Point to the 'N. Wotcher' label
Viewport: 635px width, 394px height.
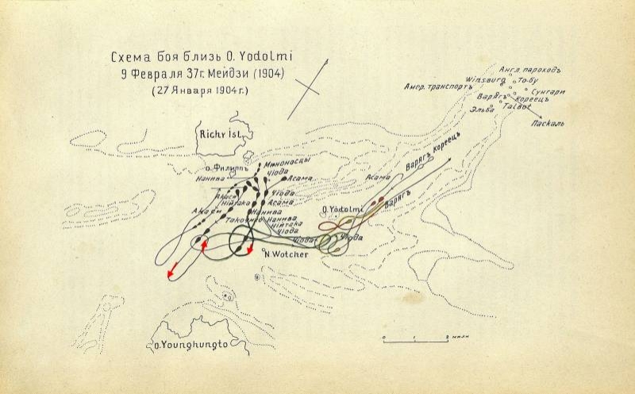coord(286,255)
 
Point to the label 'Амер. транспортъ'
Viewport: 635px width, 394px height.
coord(438,87)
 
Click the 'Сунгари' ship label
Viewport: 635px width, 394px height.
coord(548,92)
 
